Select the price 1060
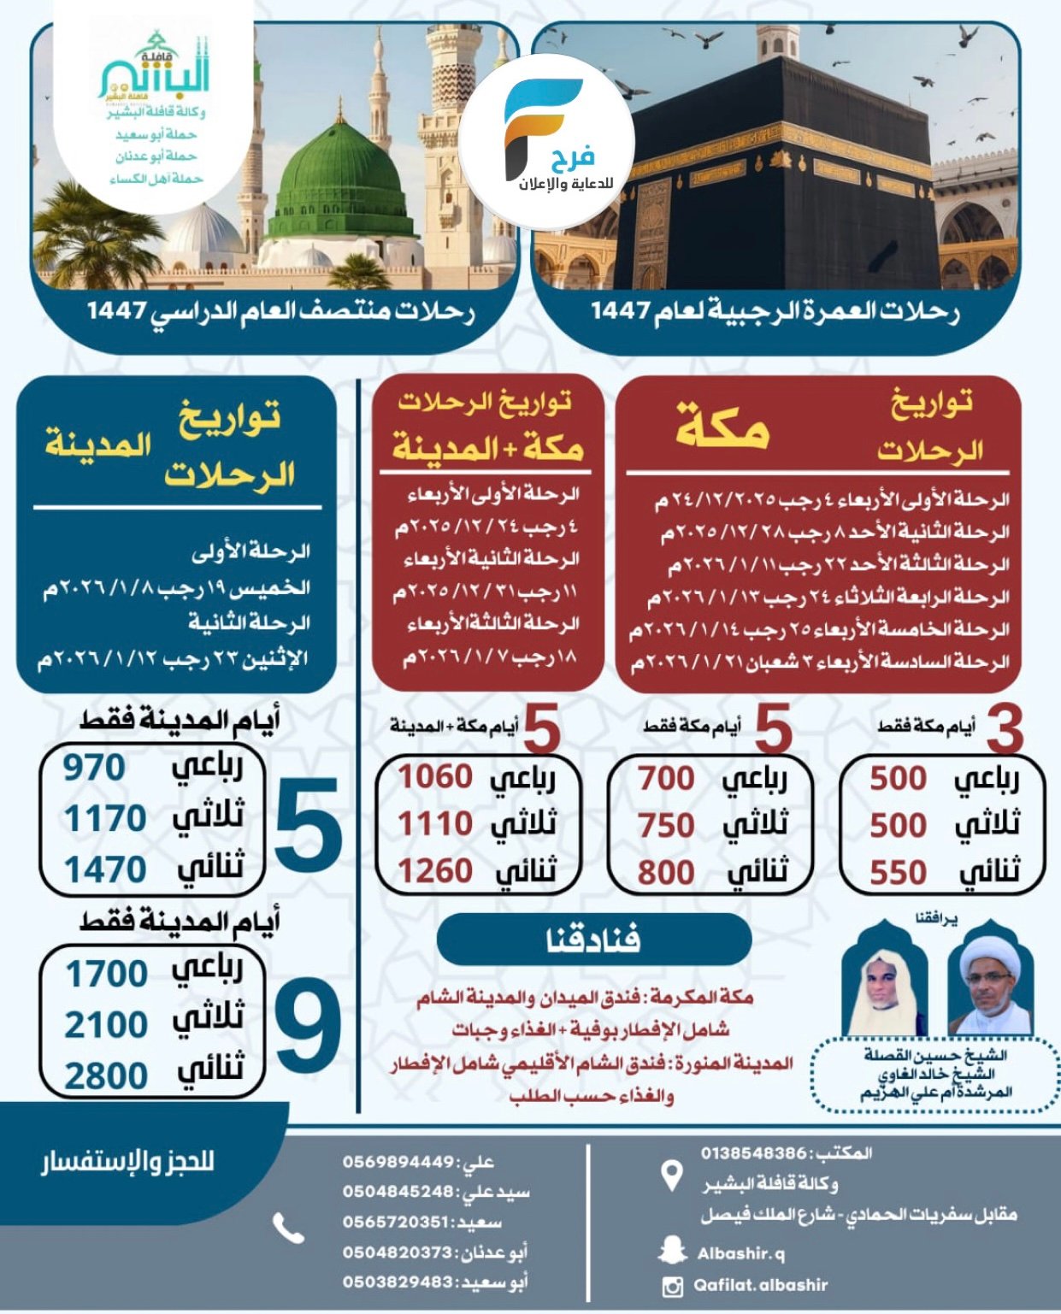coord(435,777)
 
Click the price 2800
coord(106,1075)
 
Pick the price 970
coord(94,768)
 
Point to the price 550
coord(898,872)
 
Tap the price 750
coord(666,825)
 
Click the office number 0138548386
coord(753,1153)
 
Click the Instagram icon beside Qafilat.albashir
coord(674,1285)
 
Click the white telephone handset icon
coord(288,1229)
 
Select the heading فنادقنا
coord(593,940)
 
